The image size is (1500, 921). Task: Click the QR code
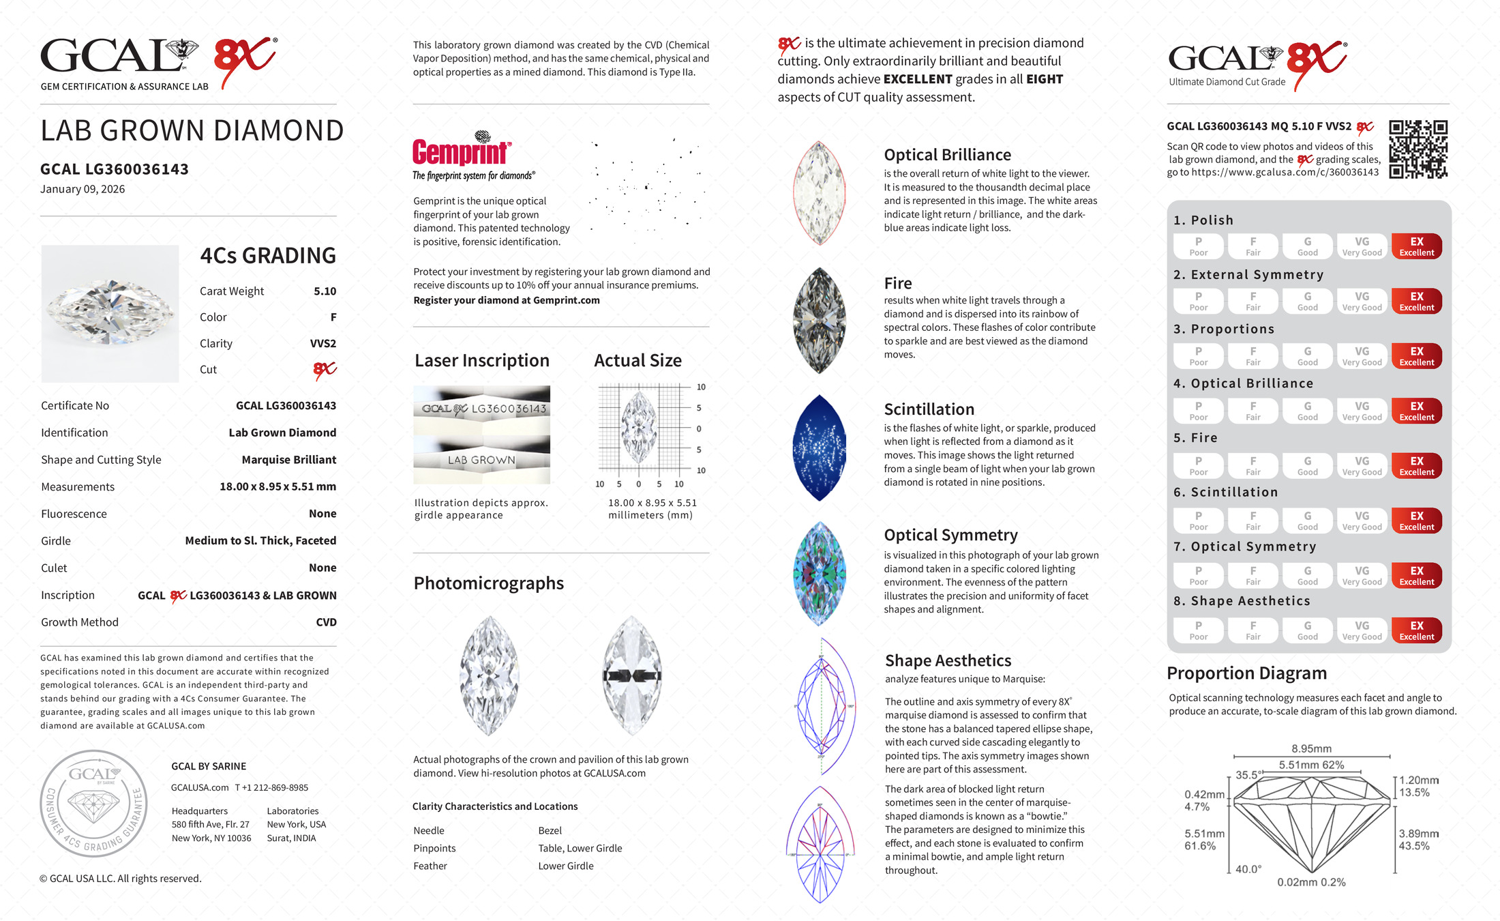click(1418, 149)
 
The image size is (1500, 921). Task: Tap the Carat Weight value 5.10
click(325, 291)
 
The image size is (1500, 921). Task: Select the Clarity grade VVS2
click(323, 344)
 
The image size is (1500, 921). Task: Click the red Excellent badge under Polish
click(1416, 246)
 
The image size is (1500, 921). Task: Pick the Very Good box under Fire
click(1362, 466)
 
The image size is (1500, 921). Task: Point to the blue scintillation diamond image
click(820, 448)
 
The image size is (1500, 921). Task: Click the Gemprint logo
click(462, 151)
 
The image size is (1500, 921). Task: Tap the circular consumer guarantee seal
click(93, 804)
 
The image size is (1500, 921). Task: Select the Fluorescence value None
click(322, 514)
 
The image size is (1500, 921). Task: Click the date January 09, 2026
click(82, 189)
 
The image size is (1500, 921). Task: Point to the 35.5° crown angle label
click(1248, 775)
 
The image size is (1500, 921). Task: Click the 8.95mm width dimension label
click(1311, 748)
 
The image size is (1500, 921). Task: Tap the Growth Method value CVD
click(326, 622)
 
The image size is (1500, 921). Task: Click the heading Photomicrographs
click(488, 583)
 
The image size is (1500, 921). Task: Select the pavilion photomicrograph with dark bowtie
click(632, 675)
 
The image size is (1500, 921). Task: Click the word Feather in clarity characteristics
click(430, 866)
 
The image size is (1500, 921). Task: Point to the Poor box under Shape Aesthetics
click(1198, 630)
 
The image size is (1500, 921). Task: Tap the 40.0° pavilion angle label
click(1248, 869)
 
